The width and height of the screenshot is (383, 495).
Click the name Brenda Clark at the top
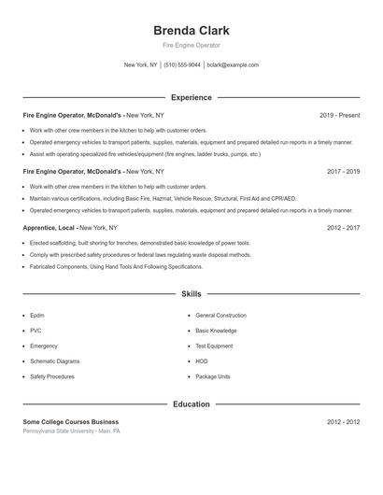coord(191,30)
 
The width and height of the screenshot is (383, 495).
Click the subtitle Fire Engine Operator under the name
coord(191,45)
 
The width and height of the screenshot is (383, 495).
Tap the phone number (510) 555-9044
coord(182,65)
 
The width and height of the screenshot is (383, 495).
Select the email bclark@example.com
coord(233,65)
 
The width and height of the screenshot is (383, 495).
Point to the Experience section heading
coord(191,97)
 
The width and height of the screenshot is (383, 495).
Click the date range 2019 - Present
coord(339,115)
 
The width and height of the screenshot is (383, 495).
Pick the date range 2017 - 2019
coord(343,172)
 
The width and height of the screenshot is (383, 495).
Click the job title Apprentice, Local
coord(50,227)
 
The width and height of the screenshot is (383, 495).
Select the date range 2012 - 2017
coord(343,227)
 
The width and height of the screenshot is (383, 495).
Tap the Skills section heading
coord(191,293)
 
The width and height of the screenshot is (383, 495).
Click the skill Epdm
coord(37,316)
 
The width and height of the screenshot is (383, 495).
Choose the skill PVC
coord(35,331)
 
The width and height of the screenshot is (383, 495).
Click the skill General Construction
coord(220,316)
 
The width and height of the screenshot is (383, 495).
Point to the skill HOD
coord(202,361)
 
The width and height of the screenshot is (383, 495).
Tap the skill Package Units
coord(213,375)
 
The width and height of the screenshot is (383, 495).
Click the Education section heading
coord(191,404)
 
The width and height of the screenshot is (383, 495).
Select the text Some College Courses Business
coord(71,422)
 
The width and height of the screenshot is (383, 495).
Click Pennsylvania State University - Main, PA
coord(72,431)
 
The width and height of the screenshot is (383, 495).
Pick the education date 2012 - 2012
coord(343,422)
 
